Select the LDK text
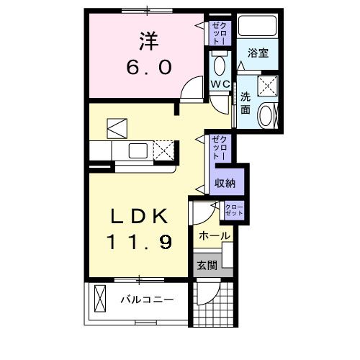click(140, 216)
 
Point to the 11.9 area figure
click(140, 243)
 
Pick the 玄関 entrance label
click(205, 264)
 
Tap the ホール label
click(214, 236)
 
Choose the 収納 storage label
click(225, 183)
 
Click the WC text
click(220, 84)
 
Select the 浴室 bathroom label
click(258, 52)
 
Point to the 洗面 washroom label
click(246, 103)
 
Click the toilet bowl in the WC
click(220, 65)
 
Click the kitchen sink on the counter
click(138, 151)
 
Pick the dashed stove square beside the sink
click(163, 150)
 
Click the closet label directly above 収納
click(220, 147)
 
